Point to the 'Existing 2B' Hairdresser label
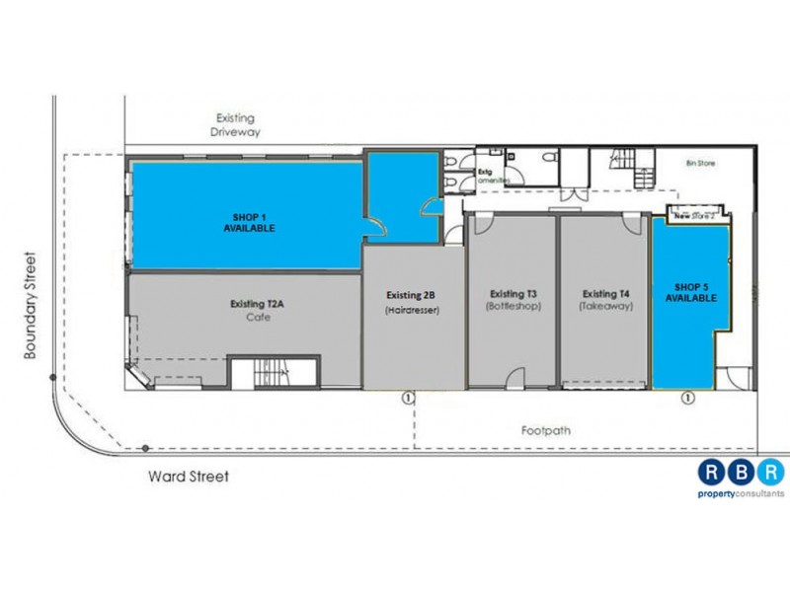click(x=412, y=302)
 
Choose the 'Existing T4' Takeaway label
click(x=606, y=300)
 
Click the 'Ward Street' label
click(x=189, y=477)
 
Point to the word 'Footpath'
click(x=545, y=431)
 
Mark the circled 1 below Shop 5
click(x=688, y=398)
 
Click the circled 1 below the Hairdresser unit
click(x=406, y=398)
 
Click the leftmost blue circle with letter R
click(x=712, y=472)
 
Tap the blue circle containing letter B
click(x=741, y=472)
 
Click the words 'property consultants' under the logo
click(x=741, y=493)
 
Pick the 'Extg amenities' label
click(x=489, y=176)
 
